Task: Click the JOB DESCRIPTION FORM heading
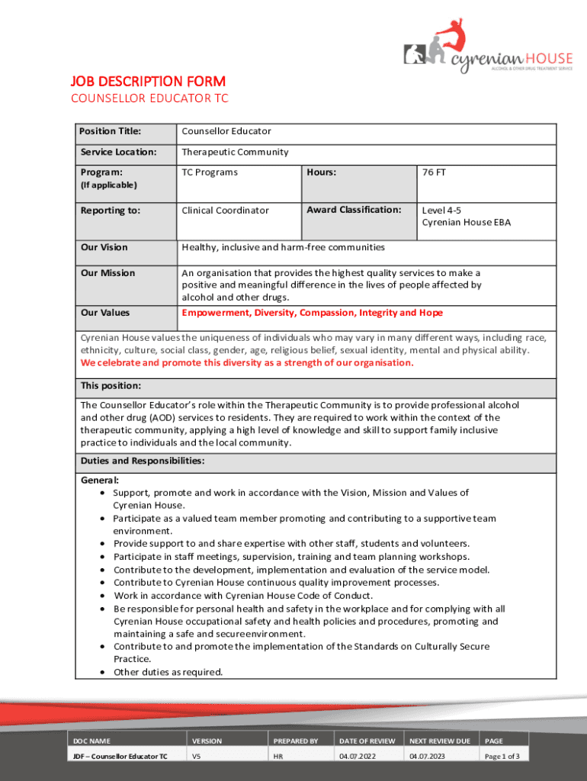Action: coord(148,82)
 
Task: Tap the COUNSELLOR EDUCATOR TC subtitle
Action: coord(149,98)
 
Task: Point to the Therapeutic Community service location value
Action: coord(235,152)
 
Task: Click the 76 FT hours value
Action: coord(434,172)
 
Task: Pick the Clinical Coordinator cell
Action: coord(225,210)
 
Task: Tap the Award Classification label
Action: coord(353,210)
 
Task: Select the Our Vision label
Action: coord(104,247)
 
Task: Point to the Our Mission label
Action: coord(107,273)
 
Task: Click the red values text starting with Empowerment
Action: coord(312,313)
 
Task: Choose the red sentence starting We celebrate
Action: coord(247,362)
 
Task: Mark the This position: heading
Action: coord(111,385)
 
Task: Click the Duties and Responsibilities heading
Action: coord(142,461)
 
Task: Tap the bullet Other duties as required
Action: coord(168,672)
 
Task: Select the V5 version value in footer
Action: coord(197,757)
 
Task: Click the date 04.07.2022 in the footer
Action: coord(356,757)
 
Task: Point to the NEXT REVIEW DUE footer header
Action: coord(440,741)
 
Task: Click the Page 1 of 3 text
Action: coord(502,757)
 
